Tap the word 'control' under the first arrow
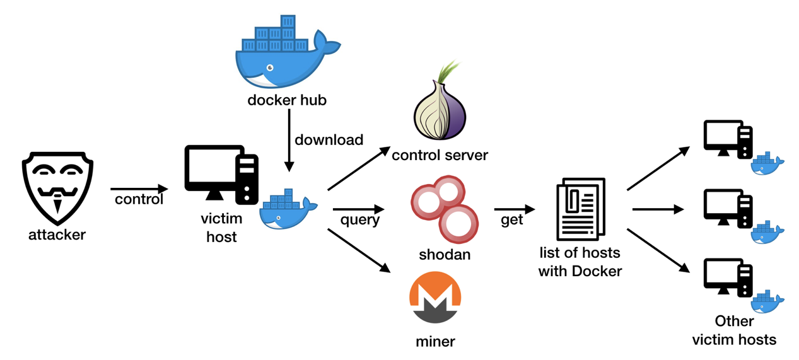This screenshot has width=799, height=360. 139,200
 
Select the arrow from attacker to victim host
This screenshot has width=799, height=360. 139,189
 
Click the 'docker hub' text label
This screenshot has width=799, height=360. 287,100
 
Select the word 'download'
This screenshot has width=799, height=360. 329,140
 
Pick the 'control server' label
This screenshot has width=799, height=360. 440,154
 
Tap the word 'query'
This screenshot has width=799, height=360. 360,219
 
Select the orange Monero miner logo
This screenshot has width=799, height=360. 435,298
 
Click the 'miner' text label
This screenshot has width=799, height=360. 435,342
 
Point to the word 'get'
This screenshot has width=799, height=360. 511,220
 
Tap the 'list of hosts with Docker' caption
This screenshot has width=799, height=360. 580,262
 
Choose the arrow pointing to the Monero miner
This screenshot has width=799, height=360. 358,250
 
